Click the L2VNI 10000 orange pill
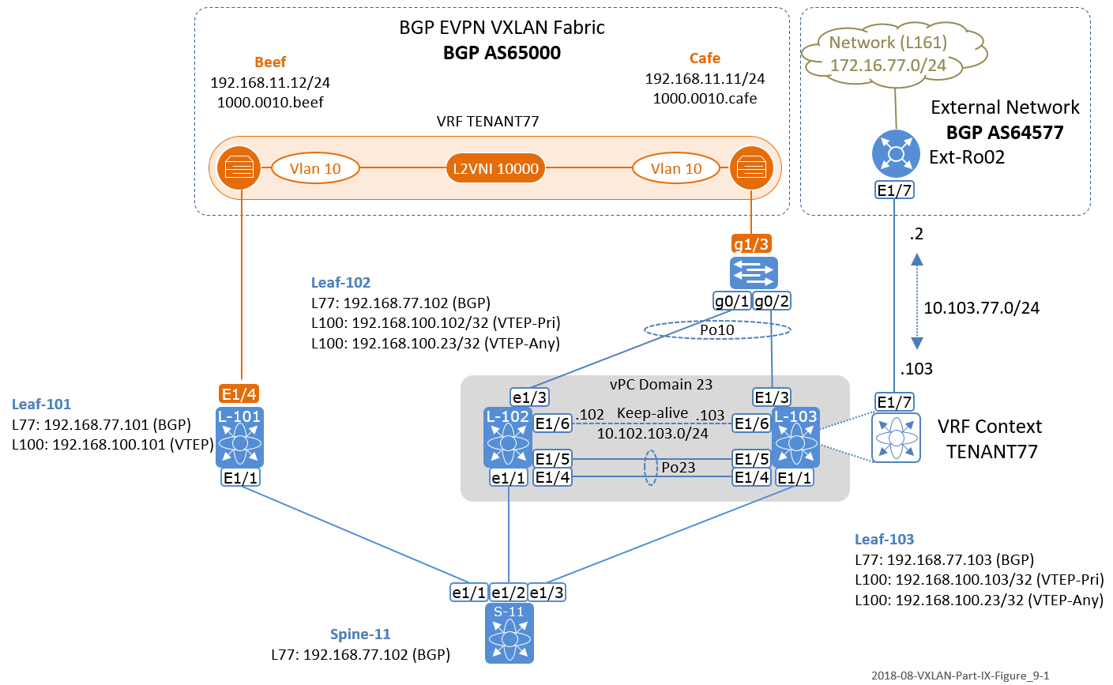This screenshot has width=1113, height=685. [495, 168]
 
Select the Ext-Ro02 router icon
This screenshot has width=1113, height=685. [895, 153]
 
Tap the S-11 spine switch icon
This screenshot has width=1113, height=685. [509, 632]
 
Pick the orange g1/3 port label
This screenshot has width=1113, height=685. [751, 244]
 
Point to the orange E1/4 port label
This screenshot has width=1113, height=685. [239, 393]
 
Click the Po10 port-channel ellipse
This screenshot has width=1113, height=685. [717, 330]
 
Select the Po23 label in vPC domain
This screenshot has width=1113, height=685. [679, 467]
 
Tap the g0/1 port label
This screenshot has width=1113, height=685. [731, 300]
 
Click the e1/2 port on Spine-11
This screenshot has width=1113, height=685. [509, 592]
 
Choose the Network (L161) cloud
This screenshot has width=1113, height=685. [889, 54]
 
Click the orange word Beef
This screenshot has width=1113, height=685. [270, 62]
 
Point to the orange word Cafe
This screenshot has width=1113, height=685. [705, 58]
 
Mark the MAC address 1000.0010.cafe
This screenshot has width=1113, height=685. [705, 99]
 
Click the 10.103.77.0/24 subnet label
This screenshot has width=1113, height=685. [981, 307]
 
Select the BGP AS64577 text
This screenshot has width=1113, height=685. [1005, 132]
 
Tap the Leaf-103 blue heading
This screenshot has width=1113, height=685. [884, 539]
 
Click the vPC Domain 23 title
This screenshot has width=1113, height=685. [661, 385]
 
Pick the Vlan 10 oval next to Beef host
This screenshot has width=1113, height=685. [315, 168]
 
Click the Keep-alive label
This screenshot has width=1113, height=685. [652, 413]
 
